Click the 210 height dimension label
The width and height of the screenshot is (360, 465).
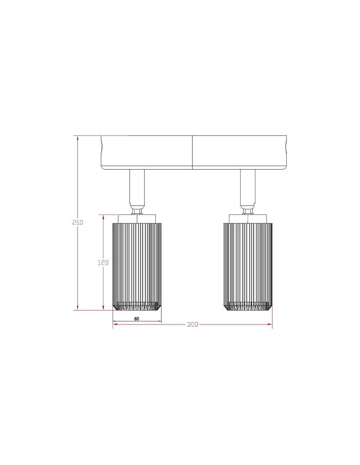pos(78,223)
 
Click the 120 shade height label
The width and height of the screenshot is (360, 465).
pos(103,263)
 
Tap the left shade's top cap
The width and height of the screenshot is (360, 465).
pos(137,218)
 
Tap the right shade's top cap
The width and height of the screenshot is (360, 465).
pos(248,218)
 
